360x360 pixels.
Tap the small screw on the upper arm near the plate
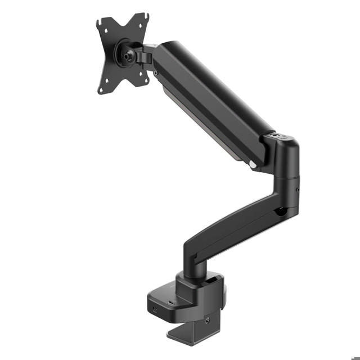click(x=156, y=73)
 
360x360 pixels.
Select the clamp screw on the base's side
click(x=208, y=321)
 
